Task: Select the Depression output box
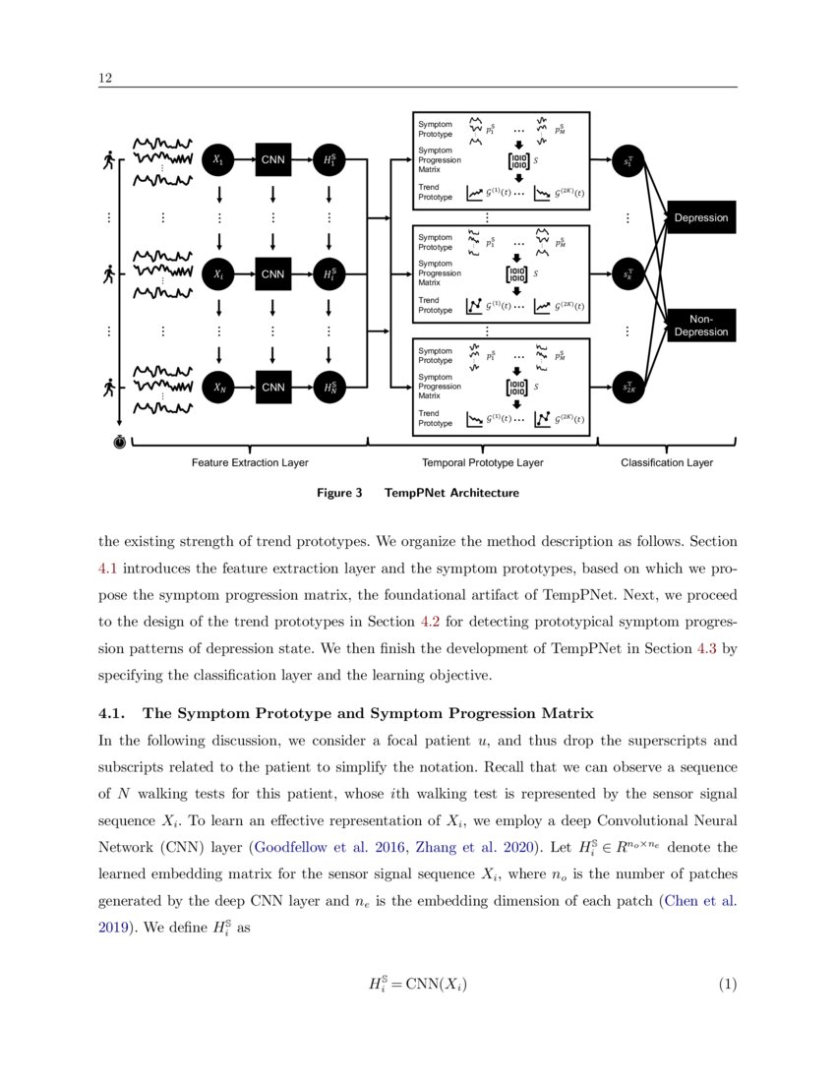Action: pos(700,217)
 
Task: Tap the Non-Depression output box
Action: pos(700,325)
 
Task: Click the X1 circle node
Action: pos(218,160)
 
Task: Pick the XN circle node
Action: pos(218,388)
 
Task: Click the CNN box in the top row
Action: pos(272,160)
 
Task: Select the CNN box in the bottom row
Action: pos(272,388)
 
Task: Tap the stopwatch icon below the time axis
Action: pos(119,444)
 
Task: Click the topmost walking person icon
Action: pos(107,160)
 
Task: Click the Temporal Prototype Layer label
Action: pos(482,462)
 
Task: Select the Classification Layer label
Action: pos(667,462)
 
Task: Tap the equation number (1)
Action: pos(726,984)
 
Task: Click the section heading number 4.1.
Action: pos(113,713)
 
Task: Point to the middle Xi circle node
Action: pos(218,274)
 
